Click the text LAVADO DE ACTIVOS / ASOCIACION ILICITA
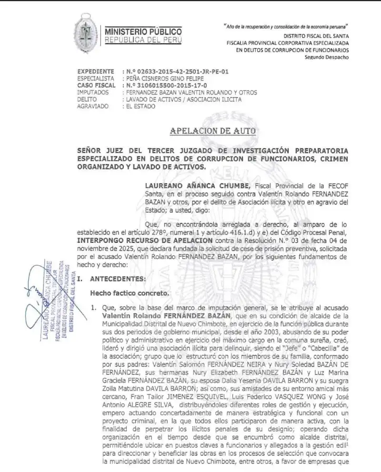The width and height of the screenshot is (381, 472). click(x=183, y=100)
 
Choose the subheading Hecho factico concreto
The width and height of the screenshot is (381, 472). click(x=127, y=294)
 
